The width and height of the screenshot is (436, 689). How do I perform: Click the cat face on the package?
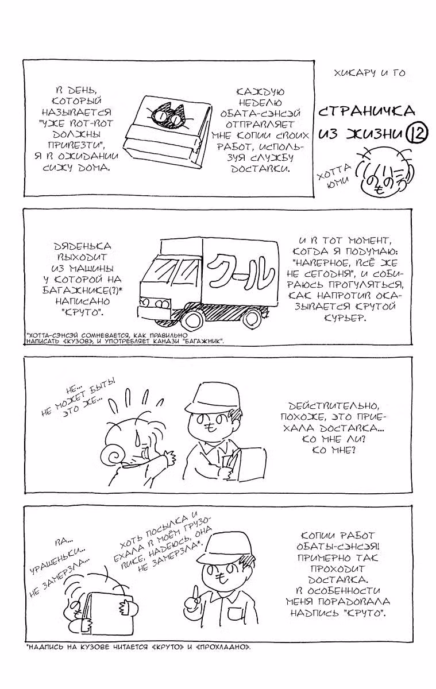(x=168, y=114)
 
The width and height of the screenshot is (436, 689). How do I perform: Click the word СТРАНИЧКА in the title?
(x=365, y=111)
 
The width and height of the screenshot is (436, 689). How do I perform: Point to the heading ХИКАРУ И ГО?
(x=369, y=73)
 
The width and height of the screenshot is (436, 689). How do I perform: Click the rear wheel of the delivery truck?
(x=254, y=317)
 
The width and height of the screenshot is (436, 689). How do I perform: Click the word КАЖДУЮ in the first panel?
(x=261, y=92)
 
